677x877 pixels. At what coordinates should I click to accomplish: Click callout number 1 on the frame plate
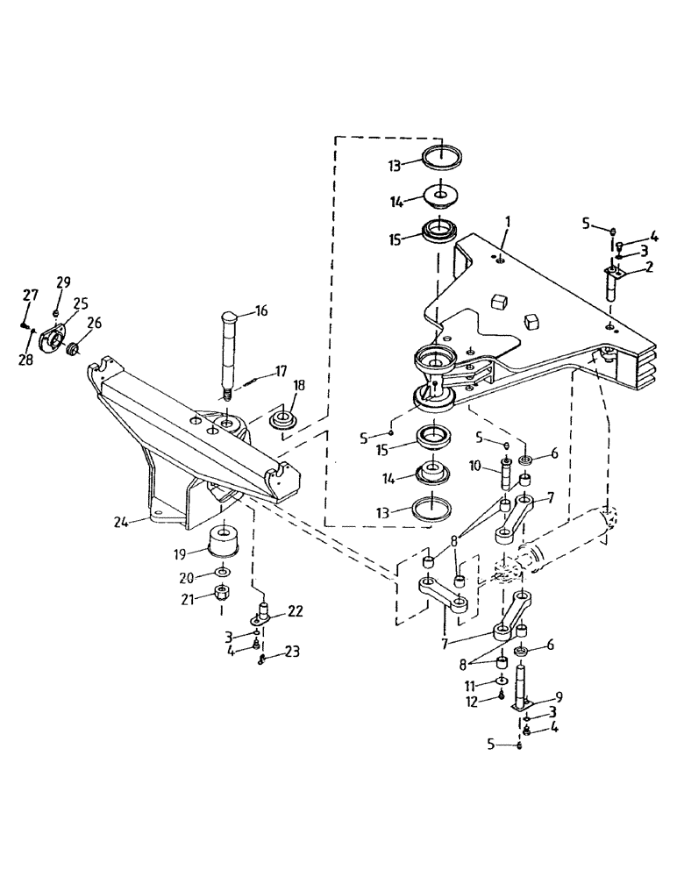[x=508, y=225]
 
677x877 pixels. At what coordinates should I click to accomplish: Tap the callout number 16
[x=261, y=310]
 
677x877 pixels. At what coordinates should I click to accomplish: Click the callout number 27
[x=30, y=295]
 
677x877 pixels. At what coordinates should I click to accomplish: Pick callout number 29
[x=63, y=282]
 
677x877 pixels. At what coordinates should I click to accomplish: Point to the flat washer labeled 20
[x=224, y=575]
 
